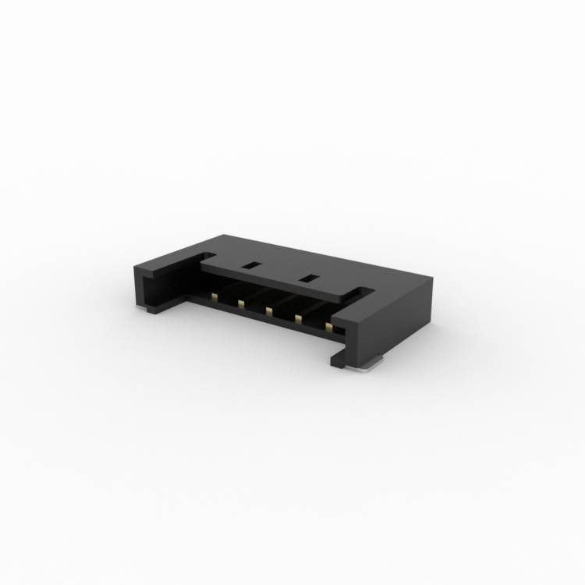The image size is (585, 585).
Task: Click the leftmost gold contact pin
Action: [213, 296]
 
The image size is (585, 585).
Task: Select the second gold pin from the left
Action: [241, 303]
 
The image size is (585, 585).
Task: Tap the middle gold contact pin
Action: [269, 310]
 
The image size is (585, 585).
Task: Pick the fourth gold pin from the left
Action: [299, 317]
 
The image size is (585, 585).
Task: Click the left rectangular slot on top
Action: [250, 265]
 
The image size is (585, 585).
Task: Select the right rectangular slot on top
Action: [310, 277]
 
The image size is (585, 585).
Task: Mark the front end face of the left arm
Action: [147, 287]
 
